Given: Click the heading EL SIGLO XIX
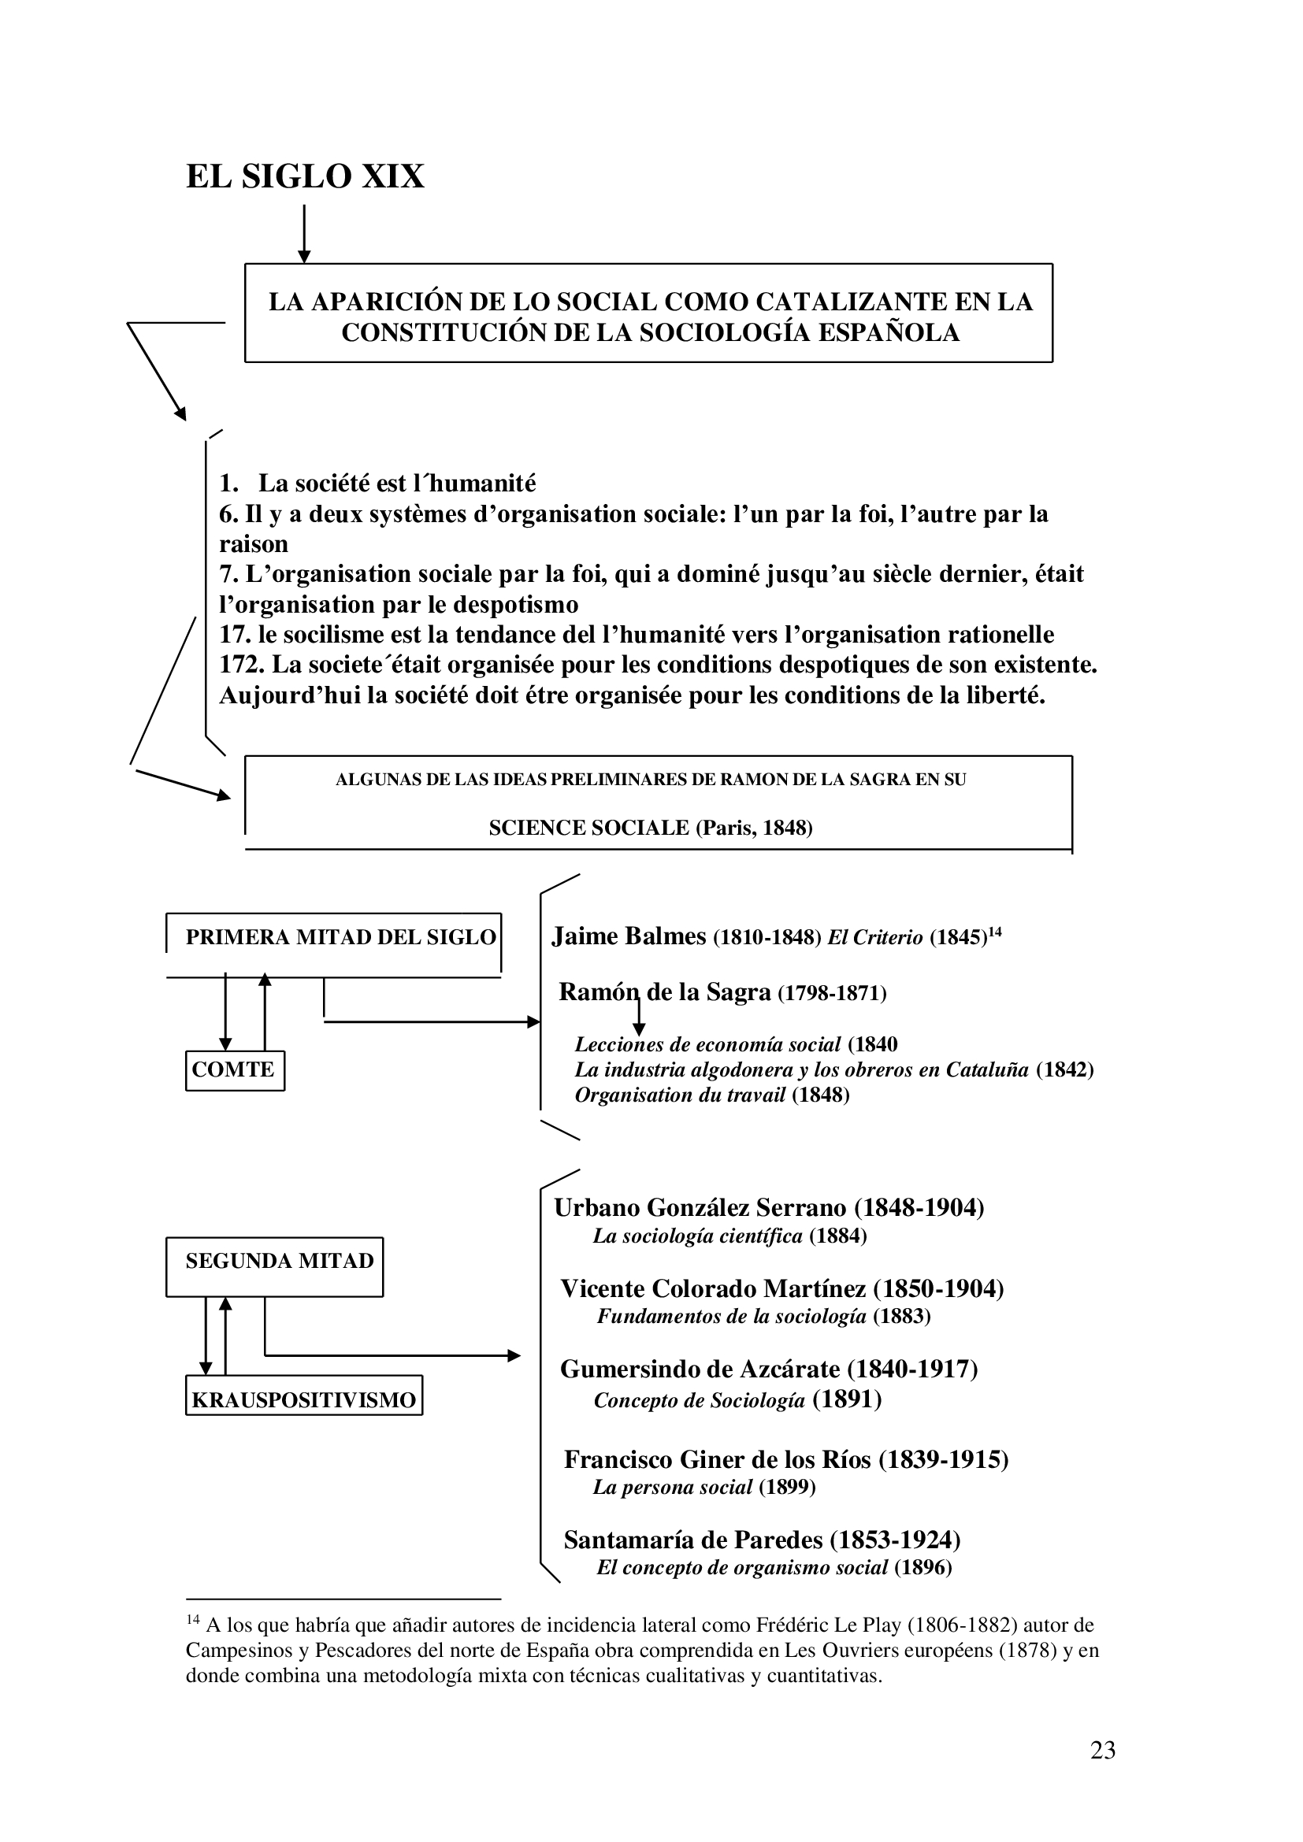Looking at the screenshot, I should tap(305, 176).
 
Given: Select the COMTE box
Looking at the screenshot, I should tap(234, 1069).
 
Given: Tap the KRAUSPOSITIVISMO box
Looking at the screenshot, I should tap(303, 1401).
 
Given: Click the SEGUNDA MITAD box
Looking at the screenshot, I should tap(274, 1261).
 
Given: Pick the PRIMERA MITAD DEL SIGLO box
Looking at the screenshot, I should tap(334, 937).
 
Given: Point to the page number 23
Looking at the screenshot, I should tap(1102, 1750).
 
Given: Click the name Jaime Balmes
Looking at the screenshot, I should tap(628, 936).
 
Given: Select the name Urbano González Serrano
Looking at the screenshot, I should tap(700, 1207).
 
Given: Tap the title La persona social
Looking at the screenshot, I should tap(672, 1488).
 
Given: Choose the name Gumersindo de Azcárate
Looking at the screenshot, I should tap(700, 1369).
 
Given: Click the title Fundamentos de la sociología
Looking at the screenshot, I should tap(731, 1317).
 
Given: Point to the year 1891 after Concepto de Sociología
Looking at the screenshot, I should tap(848, 1399).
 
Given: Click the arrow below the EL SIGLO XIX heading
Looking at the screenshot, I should tap(304, 234).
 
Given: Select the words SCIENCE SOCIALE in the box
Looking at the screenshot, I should tap(589, 828).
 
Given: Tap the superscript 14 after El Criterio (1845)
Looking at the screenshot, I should tap(994, 932).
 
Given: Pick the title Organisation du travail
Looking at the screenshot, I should tap(681, 1095).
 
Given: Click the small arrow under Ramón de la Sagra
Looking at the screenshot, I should tap(640, 1017).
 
